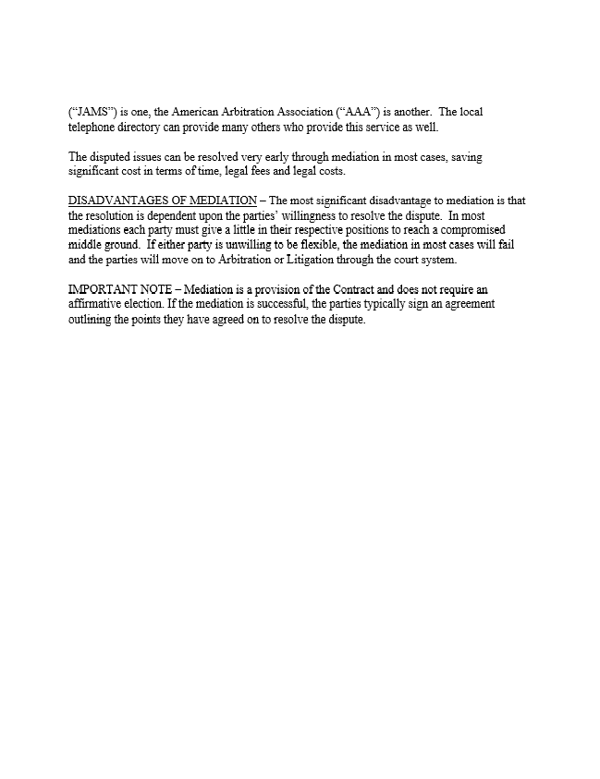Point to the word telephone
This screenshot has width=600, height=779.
pos(93,128)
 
